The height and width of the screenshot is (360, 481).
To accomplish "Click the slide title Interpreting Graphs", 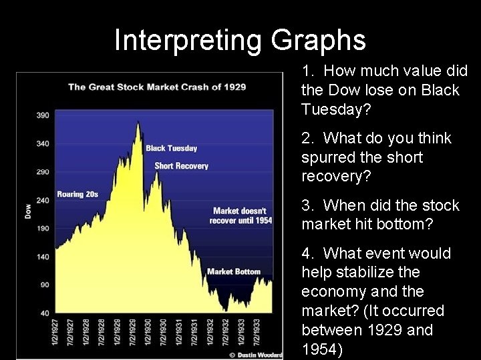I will tap(240, 40).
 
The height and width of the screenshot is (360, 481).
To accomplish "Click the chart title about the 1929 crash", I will tap(157, 87).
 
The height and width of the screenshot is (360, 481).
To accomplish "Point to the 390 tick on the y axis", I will tap(43, 116).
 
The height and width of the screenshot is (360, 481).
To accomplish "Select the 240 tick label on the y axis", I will tap(43, 200).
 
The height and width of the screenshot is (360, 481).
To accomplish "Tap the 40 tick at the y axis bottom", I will tap(44, 313).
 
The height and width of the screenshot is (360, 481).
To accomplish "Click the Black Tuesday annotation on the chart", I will tap(172, 148).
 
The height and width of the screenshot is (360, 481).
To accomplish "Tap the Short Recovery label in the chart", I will tap(182, 165).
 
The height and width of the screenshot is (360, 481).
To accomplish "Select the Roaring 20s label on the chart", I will tap(77, 195).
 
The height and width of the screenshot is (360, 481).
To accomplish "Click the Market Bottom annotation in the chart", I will tap(234, 271).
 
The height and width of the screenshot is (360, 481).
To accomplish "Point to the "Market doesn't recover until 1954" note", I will tap(241, 216).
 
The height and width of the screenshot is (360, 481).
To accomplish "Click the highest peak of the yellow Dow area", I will tap(138, 122).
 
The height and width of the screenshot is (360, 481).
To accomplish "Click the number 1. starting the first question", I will tap(307, 71).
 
